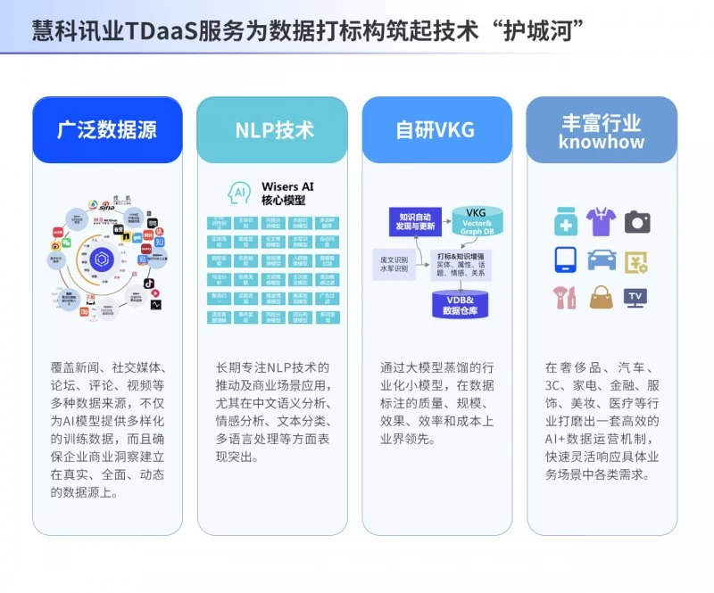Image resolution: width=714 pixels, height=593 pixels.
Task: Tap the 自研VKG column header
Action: (x=436, y=129)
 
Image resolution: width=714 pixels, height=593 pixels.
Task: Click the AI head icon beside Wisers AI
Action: (x=239, y=193)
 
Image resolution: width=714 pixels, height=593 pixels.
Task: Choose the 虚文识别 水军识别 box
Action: (x=393, y=262)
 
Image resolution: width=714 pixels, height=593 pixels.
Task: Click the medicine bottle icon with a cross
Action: (x=565, y=222)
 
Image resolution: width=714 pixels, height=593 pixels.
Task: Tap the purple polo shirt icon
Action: (x=601, y=221)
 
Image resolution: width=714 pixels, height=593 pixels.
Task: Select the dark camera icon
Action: (x=637, y=221)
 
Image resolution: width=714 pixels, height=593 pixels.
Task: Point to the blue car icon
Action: (x=601, y=259)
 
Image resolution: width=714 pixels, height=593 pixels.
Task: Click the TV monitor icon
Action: (x=635, y=298)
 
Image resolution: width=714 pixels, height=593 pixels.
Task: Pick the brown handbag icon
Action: (x=601, y=297)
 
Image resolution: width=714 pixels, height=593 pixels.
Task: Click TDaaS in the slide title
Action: (x=163, y=30)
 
